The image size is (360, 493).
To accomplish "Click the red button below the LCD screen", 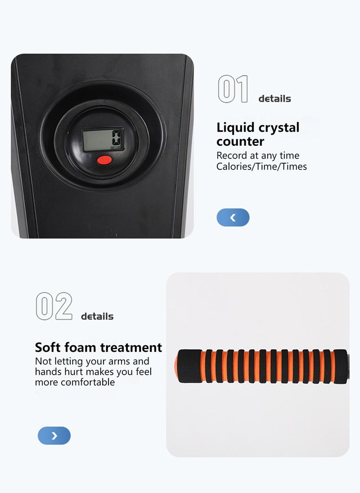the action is tap(104, 160).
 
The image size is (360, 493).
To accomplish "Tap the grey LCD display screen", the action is tap(103, 139).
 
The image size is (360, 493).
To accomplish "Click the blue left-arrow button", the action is tap(233, 217).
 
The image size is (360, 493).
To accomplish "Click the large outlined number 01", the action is tap(233, 89).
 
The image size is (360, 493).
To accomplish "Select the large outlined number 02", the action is tap(54, 306).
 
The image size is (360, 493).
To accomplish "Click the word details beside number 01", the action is tap(274, 99).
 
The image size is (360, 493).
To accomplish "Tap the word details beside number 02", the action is tap(97, 316).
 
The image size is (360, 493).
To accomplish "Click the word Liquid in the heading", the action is tap(235, 128).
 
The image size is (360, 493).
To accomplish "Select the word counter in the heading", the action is tap(240, 142).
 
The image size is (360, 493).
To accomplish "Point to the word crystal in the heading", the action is tap(279, 128).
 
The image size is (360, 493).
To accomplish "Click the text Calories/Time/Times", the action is tap(261, 166).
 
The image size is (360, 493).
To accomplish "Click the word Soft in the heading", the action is tap(48, 347).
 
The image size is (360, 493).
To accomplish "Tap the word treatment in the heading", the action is tap(131, 348).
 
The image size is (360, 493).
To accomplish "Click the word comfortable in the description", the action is tap(88, 382).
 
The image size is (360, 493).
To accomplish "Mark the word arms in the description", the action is tap(119, 362).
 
